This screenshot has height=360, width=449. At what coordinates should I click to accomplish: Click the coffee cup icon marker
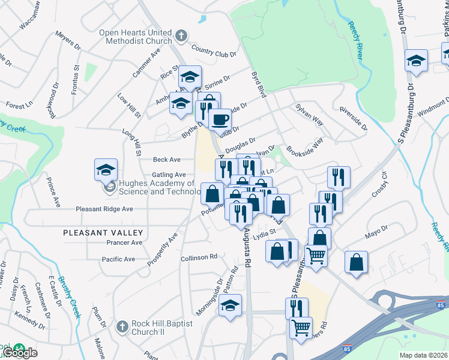[x=220, y=118]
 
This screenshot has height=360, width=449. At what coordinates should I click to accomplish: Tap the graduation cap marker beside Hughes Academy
[x=106, y=169]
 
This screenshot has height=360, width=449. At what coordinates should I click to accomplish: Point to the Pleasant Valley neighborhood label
[x=103, y=232]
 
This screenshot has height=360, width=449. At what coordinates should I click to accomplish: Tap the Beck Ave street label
[x=166, y=160]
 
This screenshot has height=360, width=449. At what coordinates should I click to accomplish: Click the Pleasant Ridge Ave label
[x=104, y=209]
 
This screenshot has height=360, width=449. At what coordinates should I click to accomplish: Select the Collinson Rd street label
[x=198, y=257]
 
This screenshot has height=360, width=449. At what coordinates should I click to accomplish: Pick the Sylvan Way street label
[x=310, y=114]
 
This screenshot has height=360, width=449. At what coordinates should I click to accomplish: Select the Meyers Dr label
[x=68, y=43]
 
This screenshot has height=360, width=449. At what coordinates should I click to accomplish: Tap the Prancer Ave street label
[x=124, y=242]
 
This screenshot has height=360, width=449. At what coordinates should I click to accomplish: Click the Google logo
[x=23, y=352]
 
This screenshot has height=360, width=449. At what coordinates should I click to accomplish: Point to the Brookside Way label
[x=304, y=146]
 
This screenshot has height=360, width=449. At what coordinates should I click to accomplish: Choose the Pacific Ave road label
[x=118, y=259]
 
